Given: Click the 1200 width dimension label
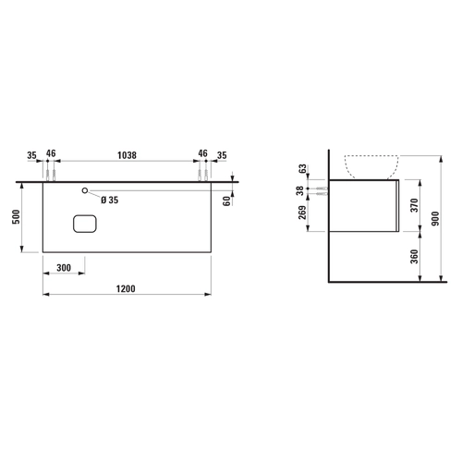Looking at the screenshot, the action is [126, 289].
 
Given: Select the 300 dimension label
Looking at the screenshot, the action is [64, 268].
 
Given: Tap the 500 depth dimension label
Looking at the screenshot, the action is [16, 217].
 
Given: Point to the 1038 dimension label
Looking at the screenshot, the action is [127, 155].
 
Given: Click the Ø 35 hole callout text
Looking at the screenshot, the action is [110, 200].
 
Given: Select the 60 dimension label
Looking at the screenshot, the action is [226, 201].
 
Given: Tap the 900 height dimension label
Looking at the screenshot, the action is [435, 219].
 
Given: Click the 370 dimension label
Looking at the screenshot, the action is [415, 205].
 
